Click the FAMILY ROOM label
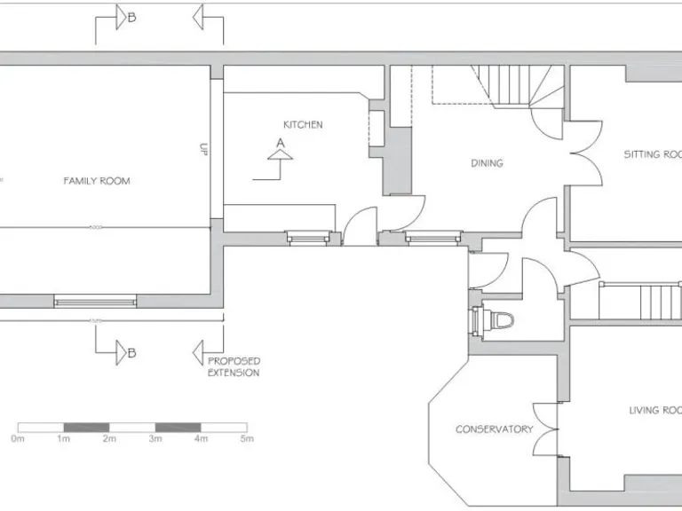pos(96,181)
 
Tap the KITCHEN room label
pos(303,125)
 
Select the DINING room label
pos(487,163)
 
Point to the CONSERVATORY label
pos(494,429)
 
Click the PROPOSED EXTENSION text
pos(234,367)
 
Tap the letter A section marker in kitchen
pos(281,142)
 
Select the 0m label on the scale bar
pos(18,439)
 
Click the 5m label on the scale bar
pos(247,439)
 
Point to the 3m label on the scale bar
pos(155,439)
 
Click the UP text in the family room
pos(203,151)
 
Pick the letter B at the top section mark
pos(131,17)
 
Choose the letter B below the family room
pos(131,354)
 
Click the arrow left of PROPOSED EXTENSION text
pos(200,355)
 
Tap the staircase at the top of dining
pos(515,87)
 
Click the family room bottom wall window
pos(95,302)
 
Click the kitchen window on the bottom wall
pos(311,237)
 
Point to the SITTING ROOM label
pos(653,154)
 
